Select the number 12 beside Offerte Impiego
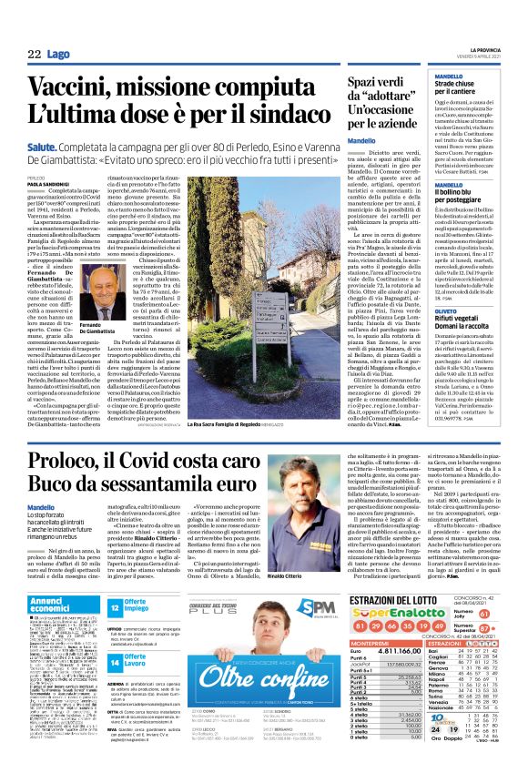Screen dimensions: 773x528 pyautogui.click(x=115, y=606)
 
